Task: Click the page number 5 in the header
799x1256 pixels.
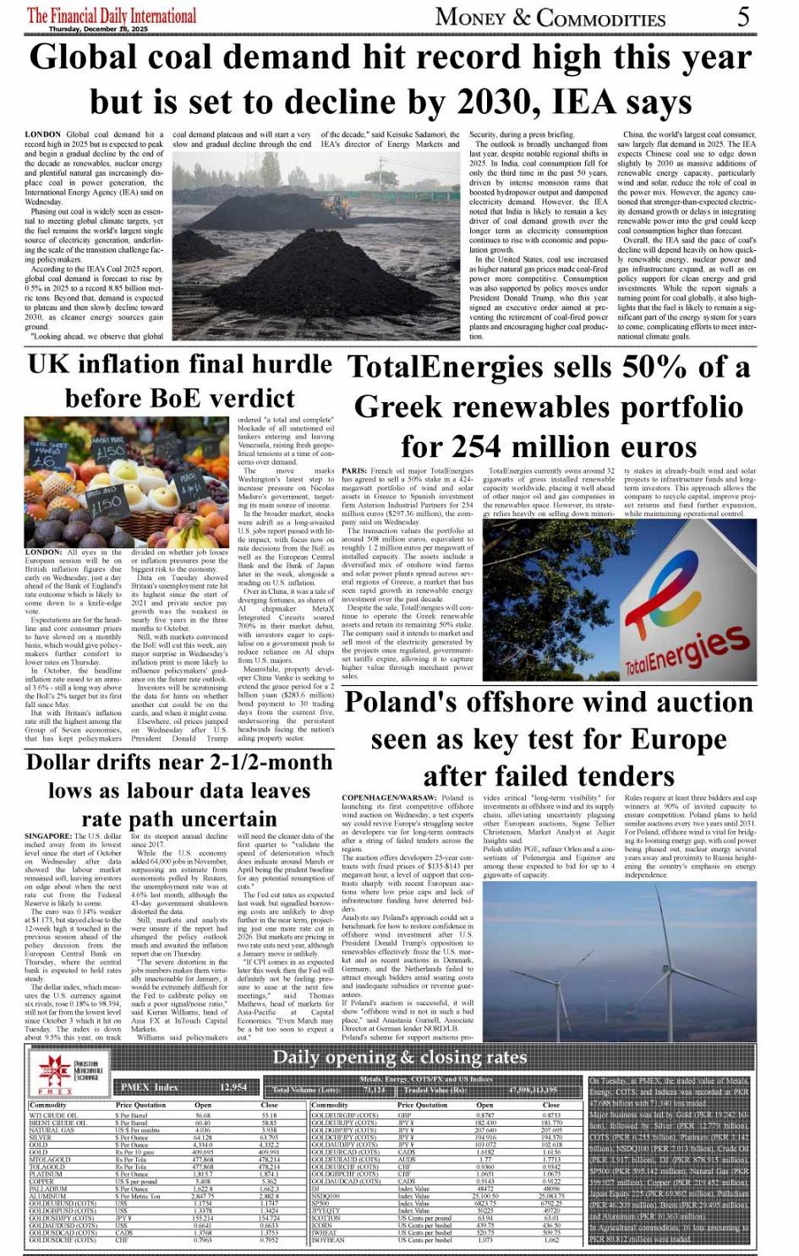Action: coord(743,16)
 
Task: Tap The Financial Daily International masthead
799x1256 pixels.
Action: coord(112,14)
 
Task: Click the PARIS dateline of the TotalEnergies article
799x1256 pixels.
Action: coord(354,470)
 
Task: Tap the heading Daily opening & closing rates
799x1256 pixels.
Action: coord(399,1058)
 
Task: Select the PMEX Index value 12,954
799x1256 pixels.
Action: coord(233,1087)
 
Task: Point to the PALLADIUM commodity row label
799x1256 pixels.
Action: coord(47,1188)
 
